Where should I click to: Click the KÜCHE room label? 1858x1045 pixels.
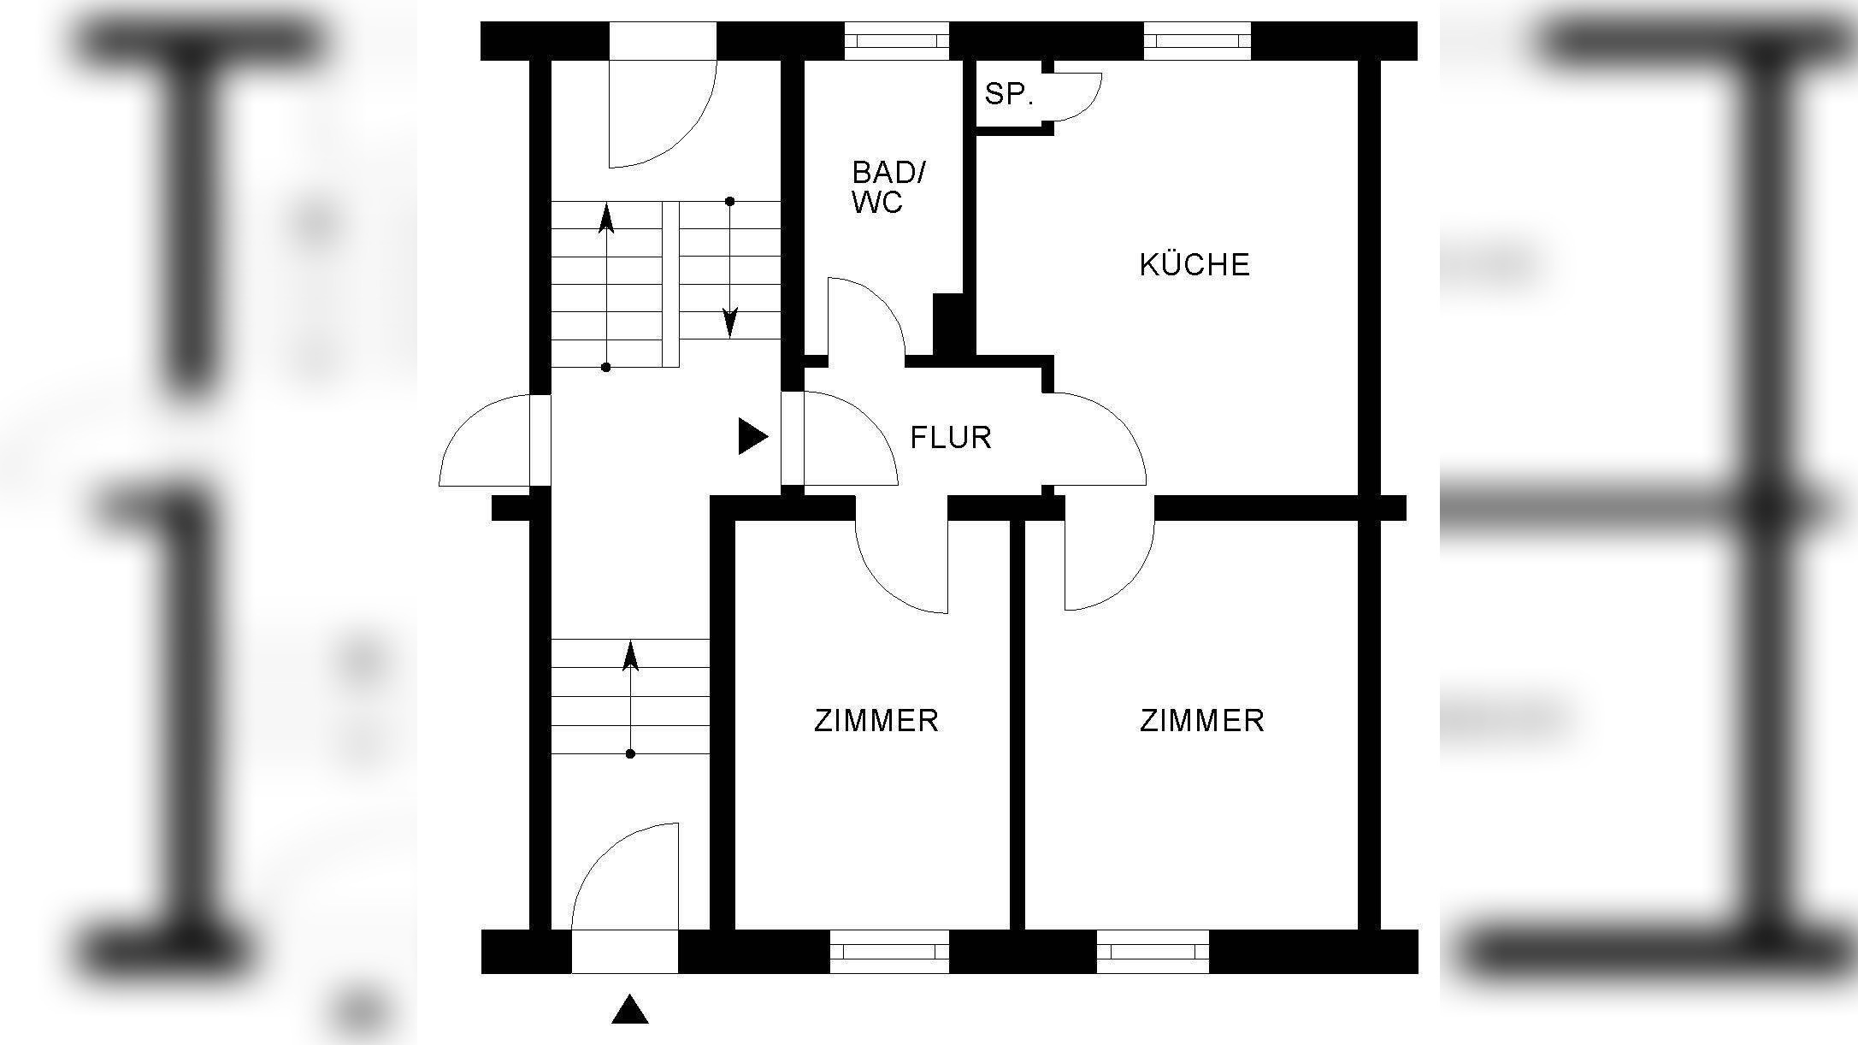(x=1194, y=265)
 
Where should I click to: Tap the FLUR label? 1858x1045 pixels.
(x=950, y=438)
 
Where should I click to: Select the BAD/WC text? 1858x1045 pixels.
(x=888, y=187)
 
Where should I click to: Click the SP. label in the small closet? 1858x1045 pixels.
(x=1009, y=94)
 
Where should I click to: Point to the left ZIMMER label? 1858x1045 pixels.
(x=876, y=721)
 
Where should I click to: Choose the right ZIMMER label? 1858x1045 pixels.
(x=1201, y=721)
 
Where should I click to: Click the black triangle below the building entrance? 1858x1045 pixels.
(x=629, y=1010)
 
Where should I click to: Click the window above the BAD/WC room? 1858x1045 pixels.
(x=896, y=40)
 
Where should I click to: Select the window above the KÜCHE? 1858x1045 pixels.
(x=1196, y=40)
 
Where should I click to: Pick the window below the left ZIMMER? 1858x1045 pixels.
(x=889, y=951)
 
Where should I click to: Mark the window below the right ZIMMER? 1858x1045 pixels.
(x=1152, y=951)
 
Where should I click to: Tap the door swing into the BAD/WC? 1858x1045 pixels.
(x=864, y=316)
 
